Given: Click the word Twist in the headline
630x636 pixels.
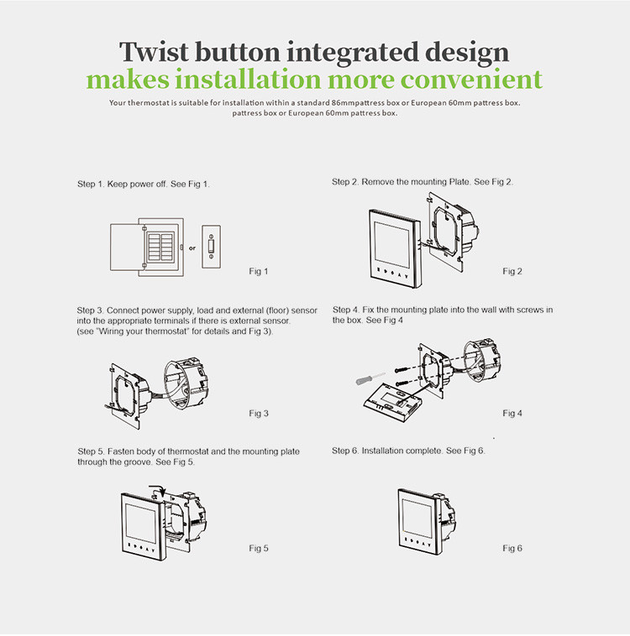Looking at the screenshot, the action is (154, 52).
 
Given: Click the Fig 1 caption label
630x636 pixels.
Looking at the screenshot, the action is (259, 271).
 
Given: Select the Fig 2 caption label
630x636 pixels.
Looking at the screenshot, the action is (512, 271).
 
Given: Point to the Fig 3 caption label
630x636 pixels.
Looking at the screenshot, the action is (259, 413).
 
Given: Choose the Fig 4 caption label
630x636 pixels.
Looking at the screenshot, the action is (512, 413).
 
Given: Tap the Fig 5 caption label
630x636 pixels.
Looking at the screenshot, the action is (259, 548).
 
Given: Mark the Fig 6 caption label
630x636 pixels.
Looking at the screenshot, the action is (512, 548).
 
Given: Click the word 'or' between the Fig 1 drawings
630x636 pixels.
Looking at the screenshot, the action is (192, 248).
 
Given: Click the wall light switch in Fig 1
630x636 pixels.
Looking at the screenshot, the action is (211, 247).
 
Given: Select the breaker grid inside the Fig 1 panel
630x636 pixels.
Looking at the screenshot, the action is (160, 247).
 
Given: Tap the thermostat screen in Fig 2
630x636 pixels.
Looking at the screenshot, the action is (392, 242).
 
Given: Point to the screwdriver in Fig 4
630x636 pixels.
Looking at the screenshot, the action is (370, 378).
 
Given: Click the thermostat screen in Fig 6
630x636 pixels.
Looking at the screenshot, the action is (417, 517).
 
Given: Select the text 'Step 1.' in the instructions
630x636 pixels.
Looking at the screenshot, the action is (91, 184).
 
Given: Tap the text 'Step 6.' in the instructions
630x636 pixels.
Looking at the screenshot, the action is (346, 451).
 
